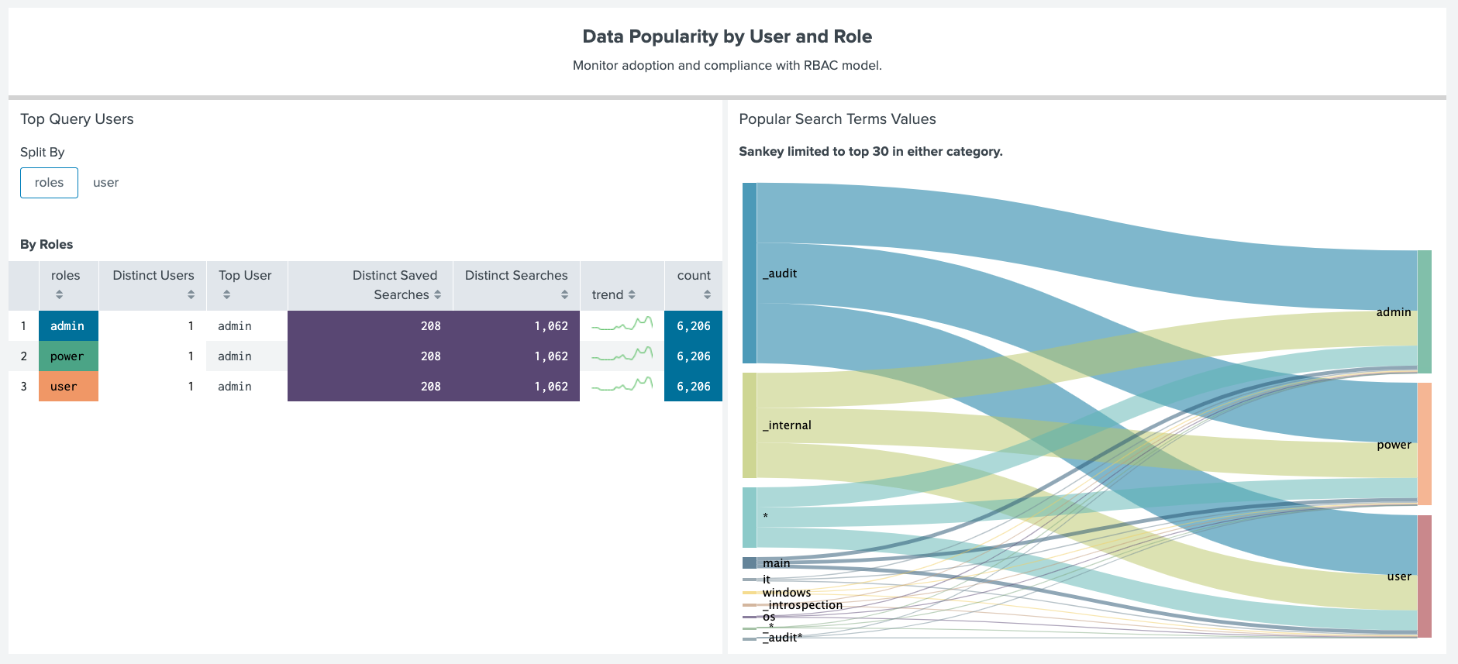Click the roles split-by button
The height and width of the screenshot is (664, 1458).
click(49, 183)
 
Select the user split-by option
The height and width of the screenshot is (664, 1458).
click(105, 183)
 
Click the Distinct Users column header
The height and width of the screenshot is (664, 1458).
click(153, 276)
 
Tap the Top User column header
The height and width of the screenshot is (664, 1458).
click(245, 276)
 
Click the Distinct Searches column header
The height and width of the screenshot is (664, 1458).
click(516, 276)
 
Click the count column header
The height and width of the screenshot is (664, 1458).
click(693, 276)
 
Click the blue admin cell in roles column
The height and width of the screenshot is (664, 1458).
click(68, 326)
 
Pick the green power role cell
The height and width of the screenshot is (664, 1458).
click(68, 356)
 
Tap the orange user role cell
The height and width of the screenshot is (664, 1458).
click(68, 387)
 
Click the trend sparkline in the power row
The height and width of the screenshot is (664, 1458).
click(622, 356)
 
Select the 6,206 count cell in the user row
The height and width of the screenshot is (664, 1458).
click(693, 387)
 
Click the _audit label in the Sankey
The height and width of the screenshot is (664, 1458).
click(781, 274)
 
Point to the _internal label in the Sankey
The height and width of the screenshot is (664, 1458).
click(788, 425)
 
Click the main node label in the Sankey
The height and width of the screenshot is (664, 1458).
click(776, 563)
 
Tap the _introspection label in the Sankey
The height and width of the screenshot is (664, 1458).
click(803, 605)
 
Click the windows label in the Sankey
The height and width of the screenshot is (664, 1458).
click(787, 593)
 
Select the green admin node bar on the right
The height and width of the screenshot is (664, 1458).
click(1425, 311)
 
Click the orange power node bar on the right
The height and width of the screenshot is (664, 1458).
click(1425, 444)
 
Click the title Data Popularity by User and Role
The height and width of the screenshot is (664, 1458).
click(727, 36)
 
